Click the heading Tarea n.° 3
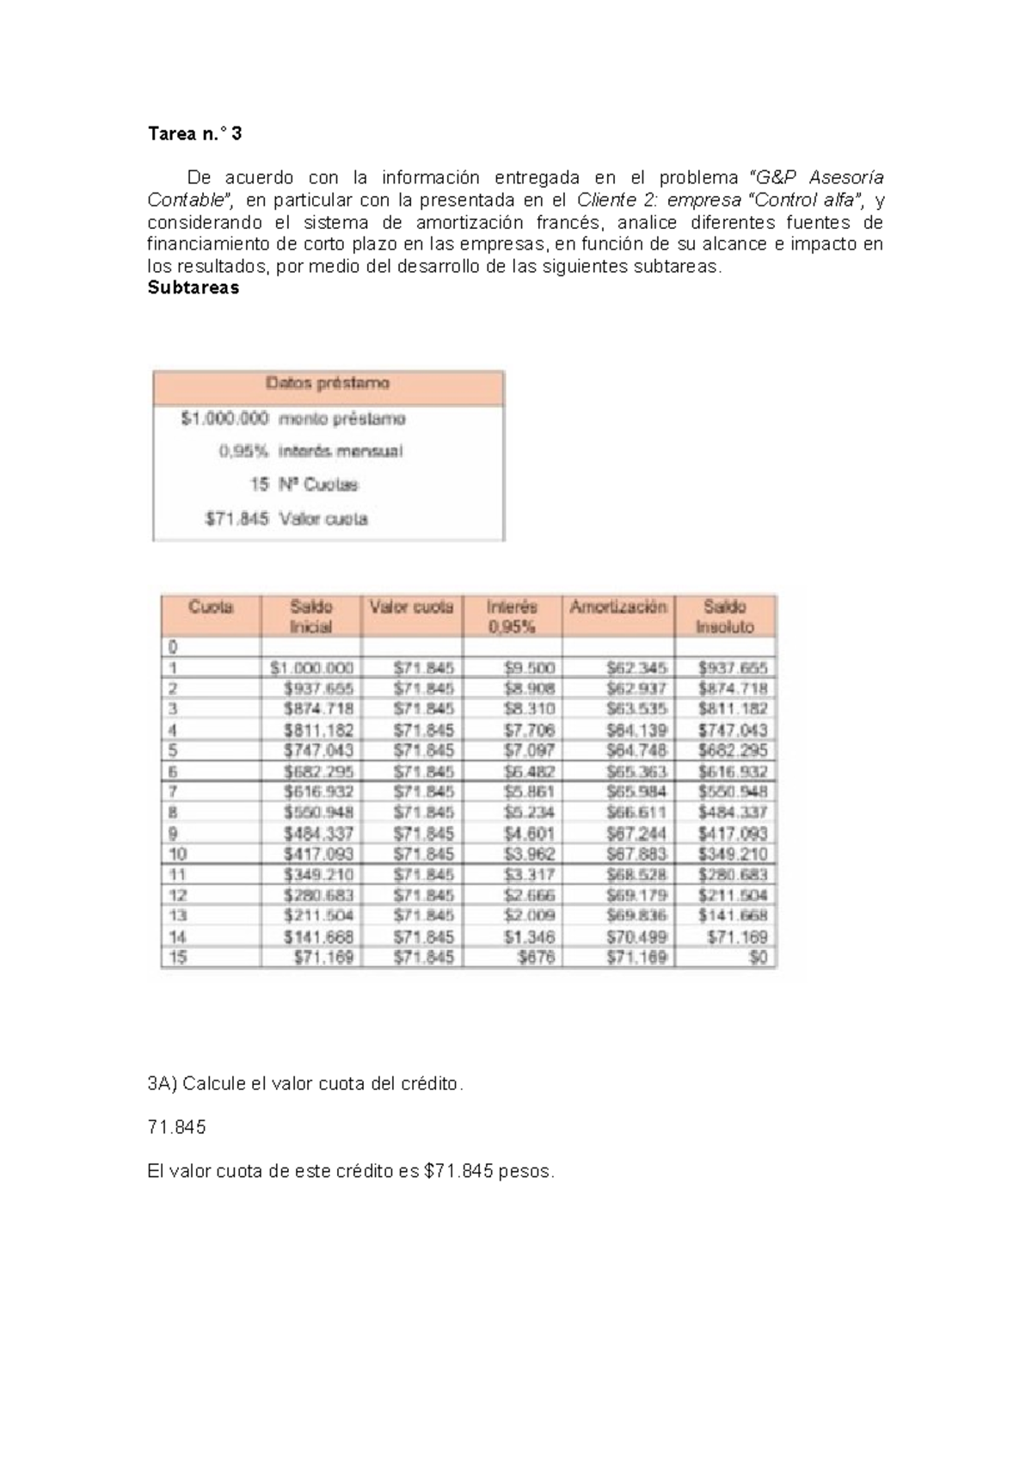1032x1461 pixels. [194, 134]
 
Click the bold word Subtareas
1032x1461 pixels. [193, 288]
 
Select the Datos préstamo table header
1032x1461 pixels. [328, 384]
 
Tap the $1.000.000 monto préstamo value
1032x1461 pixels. [224, 419]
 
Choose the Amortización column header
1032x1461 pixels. [617, 607]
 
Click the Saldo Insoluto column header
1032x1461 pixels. [724, 616]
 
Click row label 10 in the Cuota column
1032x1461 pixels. [178, 854]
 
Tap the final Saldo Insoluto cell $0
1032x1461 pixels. [758, 957]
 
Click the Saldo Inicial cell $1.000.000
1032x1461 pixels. [311, 668]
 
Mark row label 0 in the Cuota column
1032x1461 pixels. [172, 647]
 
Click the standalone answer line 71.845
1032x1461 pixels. [176, 1127]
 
